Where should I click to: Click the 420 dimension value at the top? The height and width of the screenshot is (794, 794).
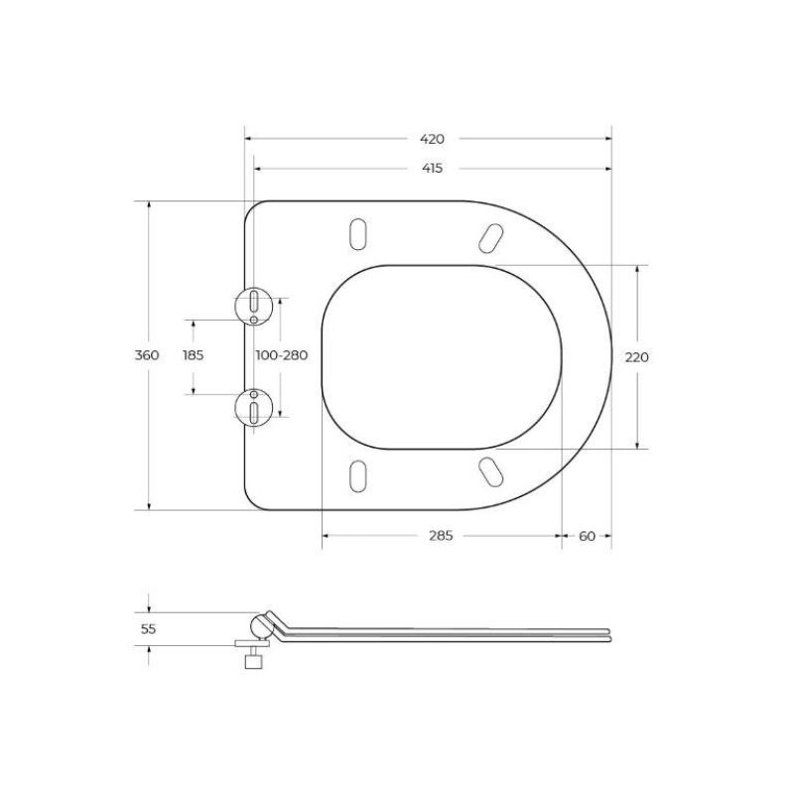432,139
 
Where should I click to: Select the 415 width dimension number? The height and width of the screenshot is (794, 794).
432,169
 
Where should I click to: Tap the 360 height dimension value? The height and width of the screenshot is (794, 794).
147,356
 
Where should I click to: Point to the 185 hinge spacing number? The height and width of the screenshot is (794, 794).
192,356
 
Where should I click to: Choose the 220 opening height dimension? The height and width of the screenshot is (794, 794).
636,356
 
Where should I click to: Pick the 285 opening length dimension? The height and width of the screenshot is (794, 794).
441,536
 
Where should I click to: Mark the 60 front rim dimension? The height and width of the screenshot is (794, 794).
587,536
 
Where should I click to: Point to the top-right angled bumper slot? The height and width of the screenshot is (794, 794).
489,235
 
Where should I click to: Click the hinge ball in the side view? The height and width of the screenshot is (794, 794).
263,627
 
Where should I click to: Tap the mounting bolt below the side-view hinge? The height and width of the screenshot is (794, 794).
254,657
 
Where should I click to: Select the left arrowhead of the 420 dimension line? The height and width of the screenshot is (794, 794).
248,139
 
